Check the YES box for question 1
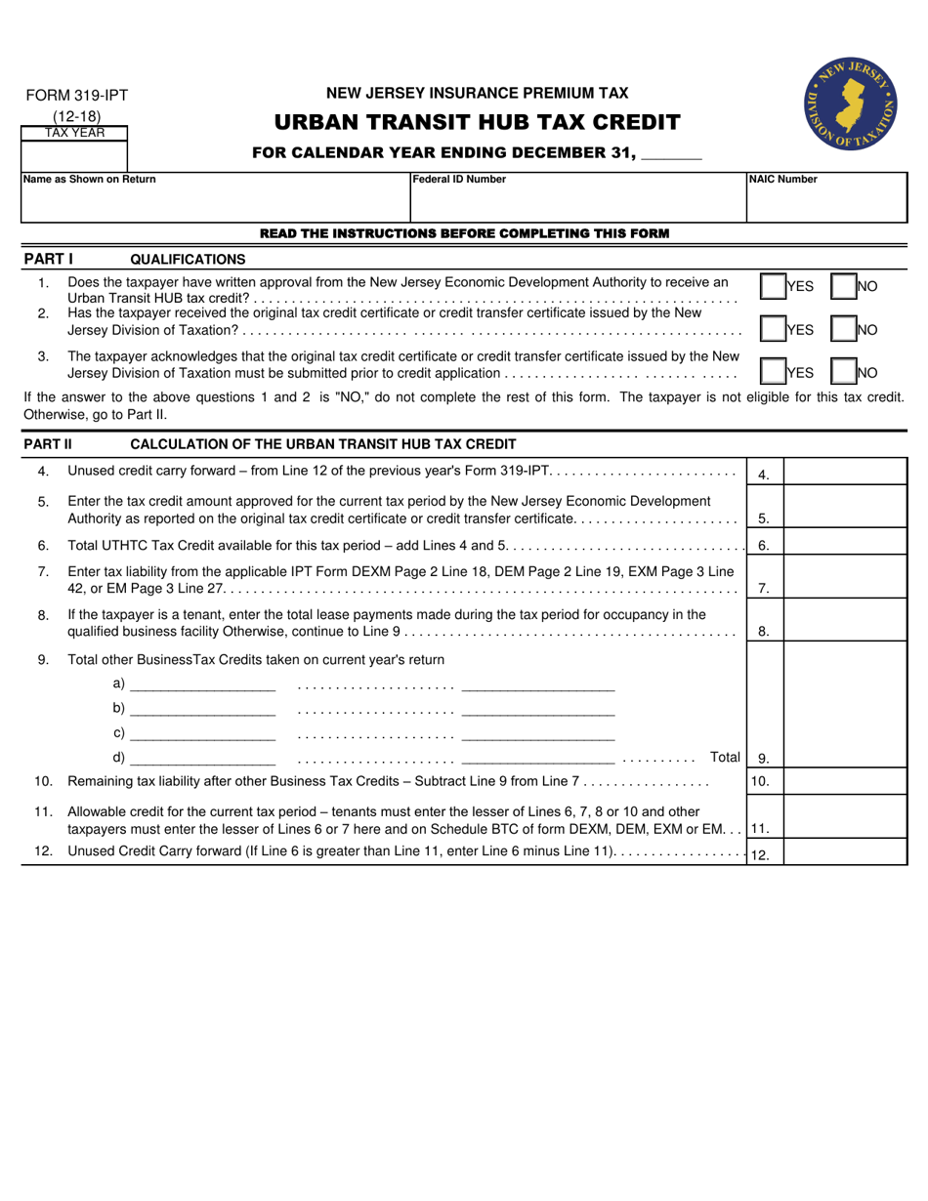[x=773, y=286]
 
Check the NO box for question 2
[x=843, y=329]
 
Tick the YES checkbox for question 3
[x=773, y=372]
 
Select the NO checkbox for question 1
[x=843, y=286]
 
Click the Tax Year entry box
[x=74, y=154]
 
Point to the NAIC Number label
[x=782, y=180]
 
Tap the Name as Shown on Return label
[x=89, y=180]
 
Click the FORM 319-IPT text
[x=76, y=96]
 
